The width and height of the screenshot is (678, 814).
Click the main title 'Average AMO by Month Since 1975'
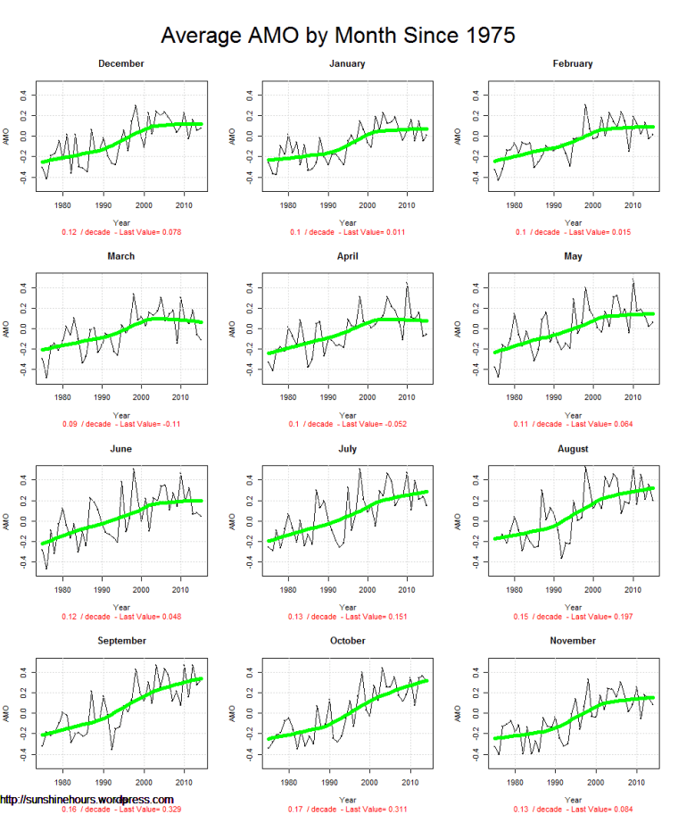pos(338,36)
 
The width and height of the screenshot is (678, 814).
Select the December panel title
pos(121,63)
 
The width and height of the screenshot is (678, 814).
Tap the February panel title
pos(573,63)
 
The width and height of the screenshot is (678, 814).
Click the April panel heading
pos(347,256)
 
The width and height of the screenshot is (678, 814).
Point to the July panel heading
pos(347,448)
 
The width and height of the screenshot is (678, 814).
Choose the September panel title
pos(121,641)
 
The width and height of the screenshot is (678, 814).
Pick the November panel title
pos(573,641)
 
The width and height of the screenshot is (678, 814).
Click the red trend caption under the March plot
pos(121,424)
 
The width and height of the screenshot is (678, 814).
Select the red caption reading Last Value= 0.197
pos(573,617)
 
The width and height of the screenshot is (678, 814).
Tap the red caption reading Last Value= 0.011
pos(347,232)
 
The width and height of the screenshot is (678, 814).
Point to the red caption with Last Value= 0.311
pos(347,809)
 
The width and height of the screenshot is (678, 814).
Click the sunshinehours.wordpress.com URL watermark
pos(87,800)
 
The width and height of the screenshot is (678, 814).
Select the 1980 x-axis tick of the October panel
pos(288,782)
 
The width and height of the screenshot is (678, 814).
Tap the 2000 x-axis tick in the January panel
pos(367,205)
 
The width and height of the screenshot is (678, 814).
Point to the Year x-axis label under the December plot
pos(121,222)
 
